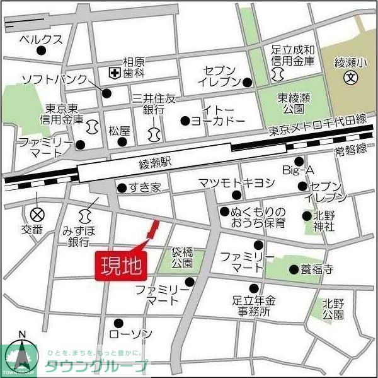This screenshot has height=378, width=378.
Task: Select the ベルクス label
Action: click(41, 38)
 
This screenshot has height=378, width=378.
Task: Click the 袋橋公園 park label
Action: click(186, 257)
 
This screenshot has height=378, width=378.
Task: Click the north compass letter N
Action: click(21, 334)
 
